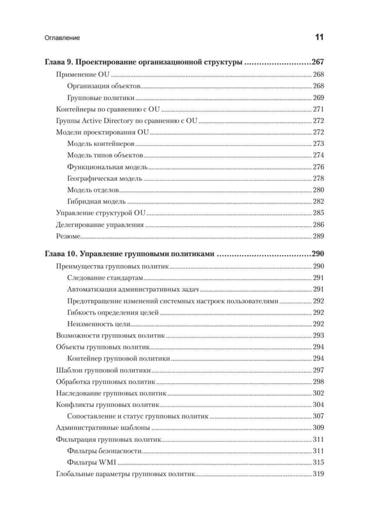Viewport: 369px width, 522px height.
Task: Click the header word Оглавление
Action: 62,38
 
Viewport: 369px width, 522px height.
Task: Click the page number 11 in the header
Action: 319,37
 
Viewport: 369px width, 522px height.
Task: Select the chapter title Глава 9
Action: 143,62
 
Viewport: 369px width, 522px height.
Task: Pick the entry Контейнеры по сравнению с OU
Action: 109,109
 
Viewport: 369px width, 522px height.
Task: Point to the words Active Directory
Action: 104,121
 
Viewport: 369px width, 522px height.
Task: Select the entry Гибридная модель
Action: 96,201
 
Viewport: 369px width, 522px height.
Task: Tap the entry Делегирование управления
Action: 100,225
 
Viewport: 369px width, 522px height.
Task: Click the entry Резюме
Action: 69,236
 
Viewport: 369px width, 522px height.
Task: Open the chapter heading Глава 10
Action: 129,254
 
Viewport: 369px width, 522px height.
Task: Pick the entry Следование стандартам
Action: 105,278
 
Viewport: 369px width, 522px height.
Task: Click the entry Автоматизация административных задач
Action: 133,289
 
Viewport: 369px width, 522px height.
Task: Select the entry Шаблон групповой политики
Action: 103,370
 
